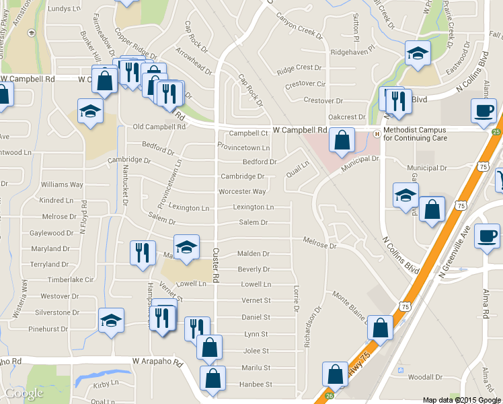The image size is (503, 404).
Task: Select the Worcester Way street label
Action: point(242,192)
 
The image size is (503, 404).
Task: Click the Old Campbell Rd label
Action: point(159,127)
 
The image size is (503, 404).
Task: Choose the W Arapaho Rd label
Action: point(157,363)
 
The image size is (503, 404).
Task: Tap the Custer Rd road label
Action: point(216,264)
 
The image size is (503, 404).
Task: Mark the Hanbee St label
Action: point(255,384)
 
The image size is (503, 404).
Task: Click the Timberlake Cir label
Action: point(70,279)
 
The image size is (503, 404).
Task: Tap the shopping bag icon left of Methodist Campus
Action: point(342,141)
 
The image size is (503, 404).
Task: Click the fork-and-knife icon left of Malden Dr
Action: point(143,252)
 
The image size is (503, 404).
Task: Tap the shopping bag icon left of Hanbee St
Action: point(212,379)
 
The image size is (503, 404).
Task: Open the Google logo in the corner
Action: point(24,393)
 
